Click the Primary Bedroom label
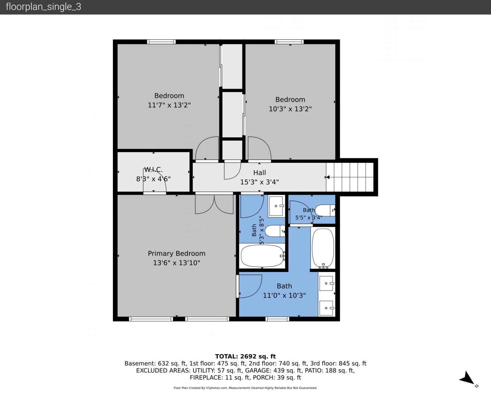177,254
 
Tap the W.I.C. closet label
153,170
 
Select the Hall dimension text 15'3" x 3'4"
260,182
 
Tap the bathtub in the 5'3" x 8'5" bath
262,256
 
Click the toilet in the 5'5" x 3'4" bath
325,210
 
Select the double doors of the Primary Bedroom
214,204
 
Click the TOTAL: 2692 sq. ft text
245,356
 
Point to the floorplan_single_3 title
43,7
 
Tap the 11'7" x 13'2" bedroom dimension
169,105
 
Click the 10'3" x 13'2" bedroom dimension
290,109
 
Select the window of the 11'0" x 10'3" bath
277,319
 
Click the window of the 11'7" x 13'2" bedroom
161,42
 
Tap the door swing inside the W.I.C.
154,181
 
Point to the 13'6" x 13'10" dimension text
177,263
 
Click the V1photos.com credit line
245,388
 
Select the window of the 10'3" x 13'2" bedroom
289,42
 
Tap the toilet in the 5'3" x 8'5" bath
275,231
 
